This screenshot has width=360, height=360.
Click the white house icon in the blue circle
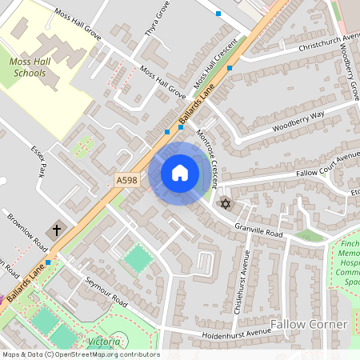[x=180, y=173]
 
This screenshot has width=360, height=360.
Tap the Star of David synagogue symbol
[x=225, y=204]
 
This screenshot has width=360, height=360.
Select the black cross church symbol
[x=56, y=230]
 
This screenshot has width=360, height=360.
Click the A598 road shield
[x=126, y=181]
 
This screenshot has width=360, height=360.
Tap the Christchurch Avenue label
[x=329, y=42]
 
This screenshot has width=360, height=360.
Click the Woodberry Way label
[x=298, y=121]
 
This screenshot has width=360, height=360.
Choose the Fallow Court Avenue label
[x=327, y=166]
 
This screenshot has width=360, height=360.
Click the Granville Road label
[x=259, y=232]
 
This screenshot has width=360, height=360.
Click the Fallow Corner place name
[x=309, y=324]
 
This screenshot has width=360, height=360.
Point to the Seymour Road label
[x=107, y=292]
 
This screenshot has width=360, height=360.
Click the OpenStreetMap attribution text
[x=80, y=354]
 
